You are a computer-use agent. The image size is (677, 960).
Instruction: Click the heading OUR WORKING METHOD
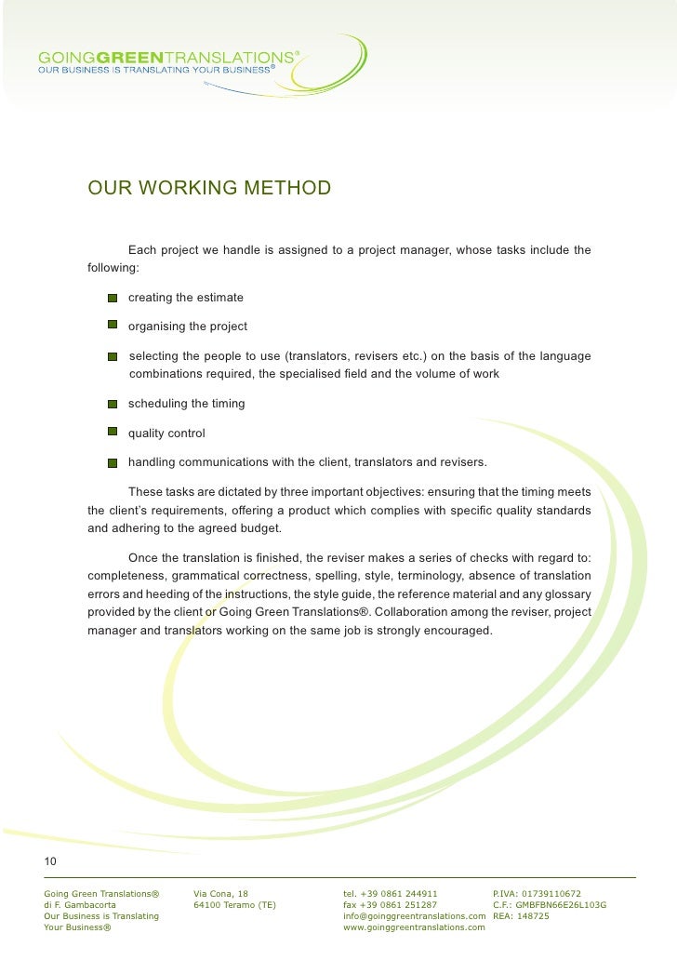209,189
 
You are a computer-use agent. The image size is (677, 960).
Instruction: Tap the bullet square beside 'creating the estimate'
112,298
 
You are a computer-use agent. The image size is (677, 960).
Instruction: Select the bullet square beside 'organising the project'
112,327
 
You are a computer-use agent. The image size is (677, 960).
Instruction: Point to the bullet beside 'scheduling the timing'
112,405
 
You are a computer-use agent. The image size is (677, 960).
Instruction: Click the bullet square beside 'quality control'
112,433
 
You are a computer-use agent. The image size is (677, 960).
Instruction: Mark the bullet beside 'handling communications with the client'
112,463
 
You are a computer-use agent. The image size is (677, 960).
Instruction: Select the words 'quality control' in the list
166,433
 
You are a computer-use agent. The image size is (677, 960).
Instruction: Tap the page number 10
50,860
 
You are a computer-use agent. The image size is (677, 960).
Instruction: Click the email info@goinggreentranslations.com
415,915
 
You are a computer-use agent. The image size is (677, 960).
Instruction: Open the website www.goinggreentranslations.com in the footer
415,927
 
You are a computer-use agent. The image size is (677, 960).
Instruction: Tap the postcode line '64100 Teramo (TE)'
233,904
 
